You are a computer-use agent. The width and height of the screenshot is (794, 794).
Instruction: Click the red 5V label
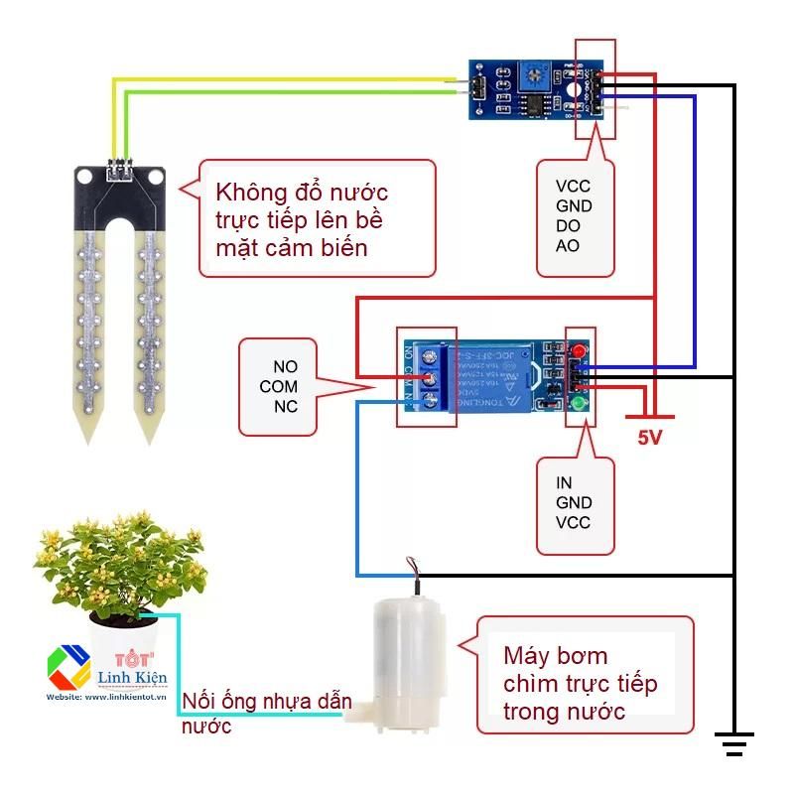click(649, 438)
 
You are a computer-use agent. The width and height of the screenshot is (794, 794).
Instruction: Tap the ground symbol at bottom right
click(733, 742)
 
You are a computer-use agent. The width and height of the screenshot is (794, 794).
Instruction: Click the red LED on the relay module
click(578, 350)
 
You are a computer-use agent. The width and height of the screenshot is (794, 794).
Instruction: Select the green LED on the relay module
click(578, 404)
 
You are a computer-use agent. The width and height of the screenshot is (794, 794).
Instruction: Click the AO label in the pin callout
click(568, 246)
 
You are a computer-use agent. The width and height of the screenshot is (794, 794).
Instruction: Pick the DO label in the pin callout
click(568, 226)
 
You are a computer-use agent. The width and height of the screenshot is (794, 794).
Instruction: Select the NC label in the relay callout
click(285, 407)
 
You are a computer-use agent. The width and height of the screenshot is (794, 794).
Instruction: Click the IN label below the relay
click(564, 483)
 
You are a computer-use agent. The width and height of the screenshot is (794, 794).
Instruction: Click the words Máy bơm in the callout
click(555, 656)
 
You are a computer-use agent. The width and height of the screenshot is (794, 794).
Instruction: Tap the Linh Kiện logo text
click(133, 678)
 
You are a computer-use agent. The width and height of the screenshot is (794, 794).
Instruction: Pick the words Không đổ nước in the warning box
click(302, 191)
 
